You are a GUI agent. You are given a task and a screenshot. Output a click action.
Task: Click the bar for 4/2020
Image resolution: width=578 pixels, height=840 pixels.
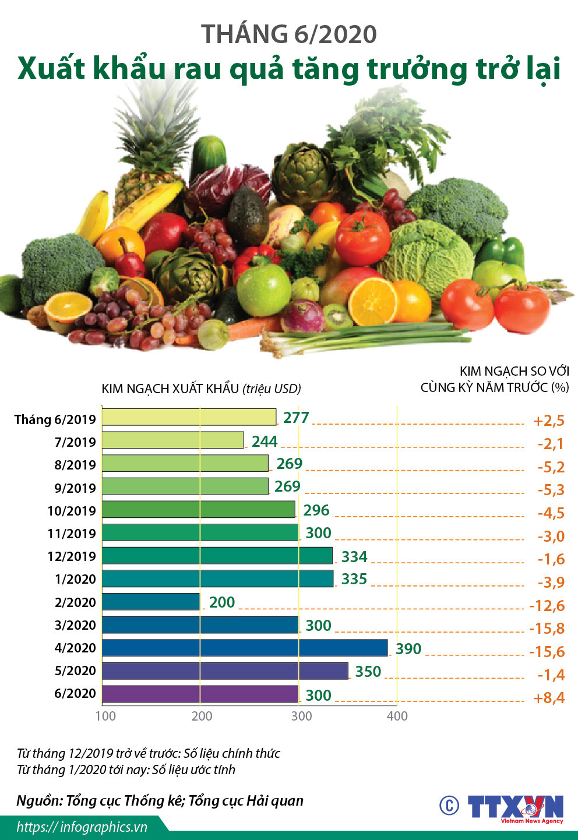pos(245,648)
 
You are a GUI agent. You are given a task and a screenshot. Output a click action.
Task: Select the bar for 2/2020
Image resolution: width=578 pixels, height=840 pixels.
pos(151,602)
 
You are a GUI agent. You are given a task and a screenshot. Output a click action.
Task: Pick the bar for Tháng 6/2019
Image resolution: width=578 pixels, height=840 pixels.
pos(189,418)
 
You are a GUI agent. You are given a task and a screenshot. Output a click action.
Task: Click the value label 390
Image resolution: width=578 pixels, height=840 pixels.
pos(408,649)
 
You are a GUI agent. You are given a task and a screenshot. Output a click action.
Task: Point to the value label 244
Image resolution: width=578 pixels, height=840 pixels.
pos(264,442)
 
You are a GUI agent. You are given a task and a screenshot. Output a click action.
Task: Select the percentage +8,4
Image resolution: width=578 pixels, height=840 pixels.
pos(549,698)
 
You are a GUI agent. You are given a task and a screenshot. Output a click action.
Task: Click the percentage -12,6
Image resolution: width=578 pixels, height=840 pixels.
pos(547,606)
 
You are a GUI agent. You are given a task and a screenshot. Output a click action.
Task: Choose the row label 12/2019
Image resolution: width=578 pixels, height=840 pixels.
pos(72,556)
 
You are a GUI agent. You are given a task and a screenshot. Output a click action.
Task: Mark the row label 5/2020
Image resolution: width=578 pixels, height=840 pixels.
pos(75,671)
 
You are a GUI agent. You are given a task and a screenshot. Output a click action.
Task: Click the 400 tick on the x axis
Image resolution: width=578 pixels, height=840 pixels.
pos(397,716)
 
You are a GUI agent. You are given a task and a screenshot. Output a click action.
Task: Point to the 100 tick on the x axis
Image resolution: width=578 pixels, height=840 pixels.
pos(105,716)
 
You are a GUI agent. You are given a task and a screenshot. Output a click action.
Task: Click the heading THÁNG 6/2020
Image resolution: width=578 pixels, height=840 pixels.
pos(289,34)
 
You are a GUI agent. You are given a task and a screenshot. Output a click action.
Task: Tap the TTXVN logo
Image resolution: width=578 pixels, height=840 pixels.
pos(515,808)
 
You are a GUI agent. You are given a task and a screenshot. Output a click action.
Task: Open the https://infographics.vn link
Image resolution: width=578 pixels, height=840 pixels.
pos(82,827)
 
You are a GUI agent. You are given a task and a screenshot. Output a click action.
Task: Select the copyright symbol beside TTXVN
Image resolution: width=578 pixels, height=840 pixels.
pos(449,806)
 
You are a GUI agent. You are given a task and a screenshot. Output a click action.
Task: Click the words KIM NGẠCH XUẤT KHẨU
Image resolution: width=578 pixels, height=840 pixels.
pos(170,389)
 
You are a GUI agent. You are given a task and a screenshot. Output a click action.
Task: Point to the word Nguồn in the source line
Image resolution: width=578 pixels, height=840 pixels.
pos(39,801)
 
